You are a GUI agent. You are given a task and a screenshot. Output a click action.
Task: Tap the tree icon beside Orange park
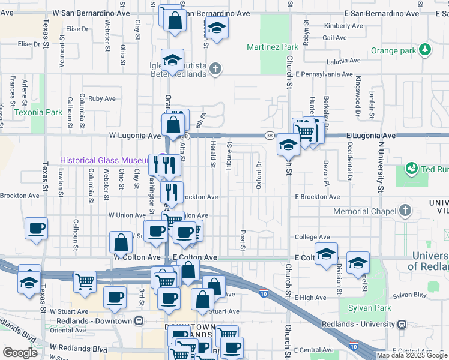click(x=426, y=50)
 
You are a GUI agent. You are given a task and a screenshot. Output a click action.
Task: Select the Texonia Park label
click(x=38, y=112)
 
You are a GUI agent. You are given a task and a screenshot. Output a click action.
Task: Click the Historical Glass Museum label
click(x=104, y=160)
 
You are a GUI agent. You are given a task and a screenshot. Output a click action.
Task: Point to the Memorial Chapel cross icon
click(x=406, y=211)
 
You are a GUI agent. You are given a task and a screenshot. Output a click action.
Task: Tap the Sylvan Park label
click(x=369, y=308)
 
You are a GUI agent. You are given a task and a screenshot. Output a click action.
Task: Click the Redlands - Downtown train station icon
click(x=139, y=321)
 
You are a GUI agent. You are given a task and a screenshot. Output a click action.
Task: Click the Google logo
click(x=20, y=353)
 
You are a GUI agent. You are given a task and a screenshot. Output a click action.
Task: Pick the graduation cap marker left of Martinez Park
click(x=217, y=27)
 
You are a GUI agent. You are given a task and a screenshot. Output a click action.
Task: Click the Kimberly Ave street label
click(x=343, y=26)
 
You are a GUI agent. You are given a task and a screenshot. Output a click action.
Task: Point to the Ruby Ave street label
click(x=102, y=98)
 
